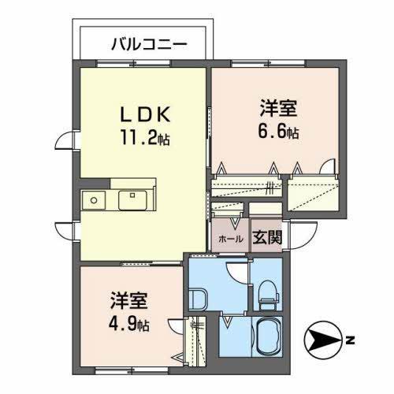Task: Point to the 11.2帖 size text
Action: [145, 139]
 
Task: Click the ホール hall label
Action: [229, 237]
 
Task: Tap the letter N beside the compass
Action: [349, 341]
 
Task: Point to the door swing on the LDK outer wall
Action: [69, 144]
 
